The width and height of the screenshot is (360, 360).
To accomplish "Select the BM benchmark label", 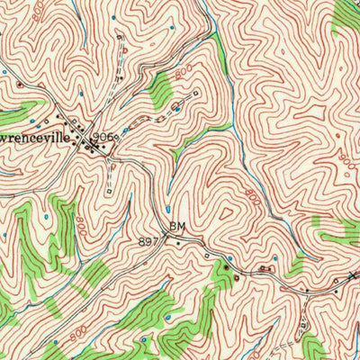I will pos(176,228).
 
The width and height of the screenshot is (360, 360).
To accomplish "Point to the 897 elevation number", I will pos(148,241).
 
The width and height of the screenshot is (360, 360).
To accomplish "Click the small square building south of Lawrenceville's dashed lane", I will pos(109,190).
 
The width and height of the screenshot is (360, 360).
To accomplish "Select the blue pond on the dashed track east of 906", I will pos(176,110).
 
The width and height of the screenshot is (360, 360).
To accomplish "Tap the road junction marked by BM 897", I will pos(167,237).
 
